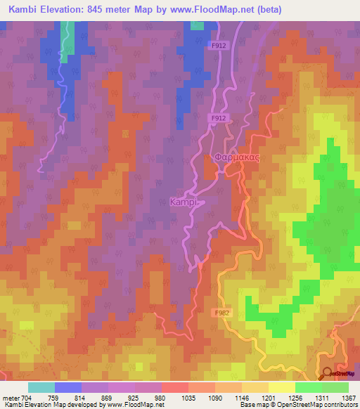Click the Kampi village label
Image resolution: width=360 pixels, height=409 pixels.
point(184,202)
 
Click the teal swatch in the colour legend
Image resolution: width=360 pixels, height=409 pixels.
point(41,387)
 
